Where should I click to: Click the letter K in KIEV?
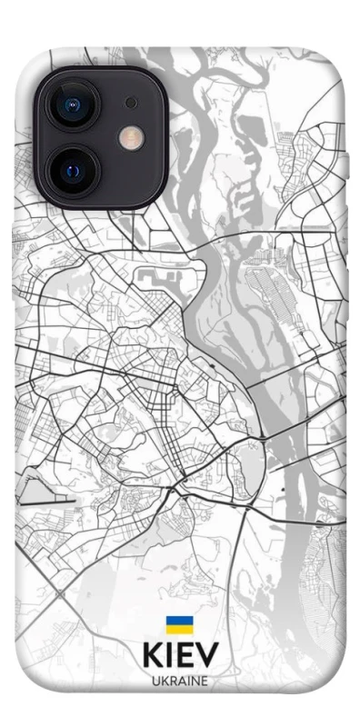(152, 656)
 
